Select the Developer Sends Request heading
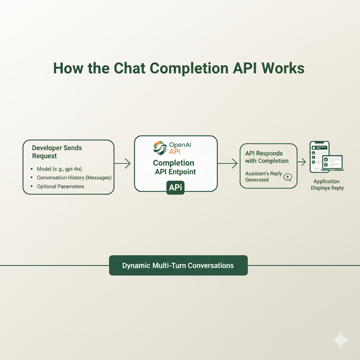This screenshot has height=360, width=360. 57,152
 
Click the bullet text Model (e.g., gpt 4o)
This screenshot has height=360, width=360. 59,169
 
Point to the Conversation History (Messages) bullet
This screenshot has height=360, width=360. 74,178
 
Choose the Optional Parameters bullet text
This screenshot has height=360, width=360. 60,186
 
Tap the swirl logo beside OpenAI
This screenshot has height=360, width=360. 160,147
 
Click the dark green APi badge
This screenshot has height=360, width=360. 175,188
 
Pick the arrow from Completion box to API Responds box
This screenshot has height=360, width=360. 227,163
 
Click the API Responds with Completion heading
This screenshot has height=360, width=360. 266,157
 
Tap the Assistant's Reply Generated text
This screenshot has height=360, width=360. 263,176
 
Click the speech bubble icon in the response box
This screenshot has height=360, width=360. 288,177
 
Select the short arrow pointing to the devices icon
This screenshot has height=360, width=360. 301,162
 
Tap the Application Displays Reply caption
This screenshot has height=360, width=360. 327,185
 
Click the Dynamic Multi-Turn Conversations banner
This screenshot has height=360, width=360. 178,265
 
